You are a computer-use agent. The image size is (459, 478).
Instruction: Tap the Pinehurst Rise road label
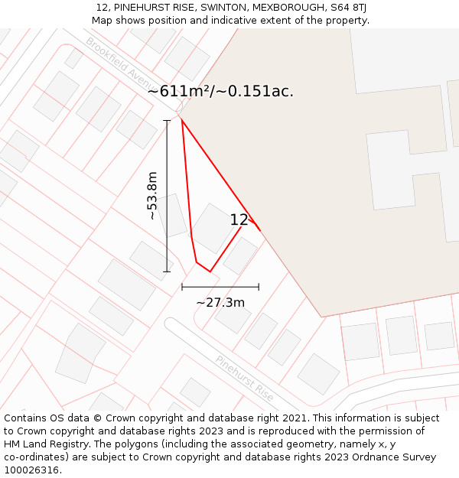click(244, 378)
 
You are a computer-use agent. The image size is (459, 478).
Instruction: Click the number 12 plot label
click(239, 220)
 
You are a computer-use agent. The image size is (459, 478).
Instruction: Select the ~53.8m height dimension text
click(152, 196)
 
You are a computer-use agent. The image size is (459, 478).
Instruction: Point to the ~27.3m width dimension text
click(220, 302)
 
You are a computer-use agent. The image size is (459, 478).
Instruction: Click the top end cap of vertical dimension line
click(167, 120)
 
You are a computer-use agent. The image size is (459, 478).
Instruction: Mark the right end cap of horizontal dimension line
click(259, 287)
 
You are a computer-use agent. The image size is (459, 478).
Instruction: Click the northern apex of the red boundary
click(181, 119)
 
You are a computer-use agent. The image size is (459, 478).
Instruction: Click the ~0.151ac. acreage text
click(257, 91)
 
